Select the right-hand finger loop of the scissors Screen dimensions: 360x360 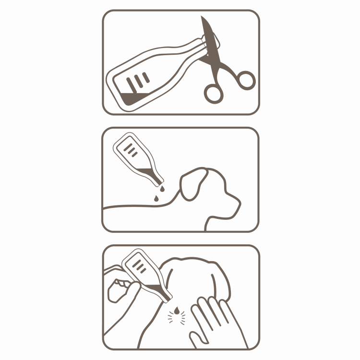click(x=246, y=79)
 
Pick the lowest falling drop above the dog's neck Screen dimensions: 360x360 click(x=157, y=197)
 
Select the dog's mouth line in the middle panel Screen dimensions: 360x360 click(x=226, y=214)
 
